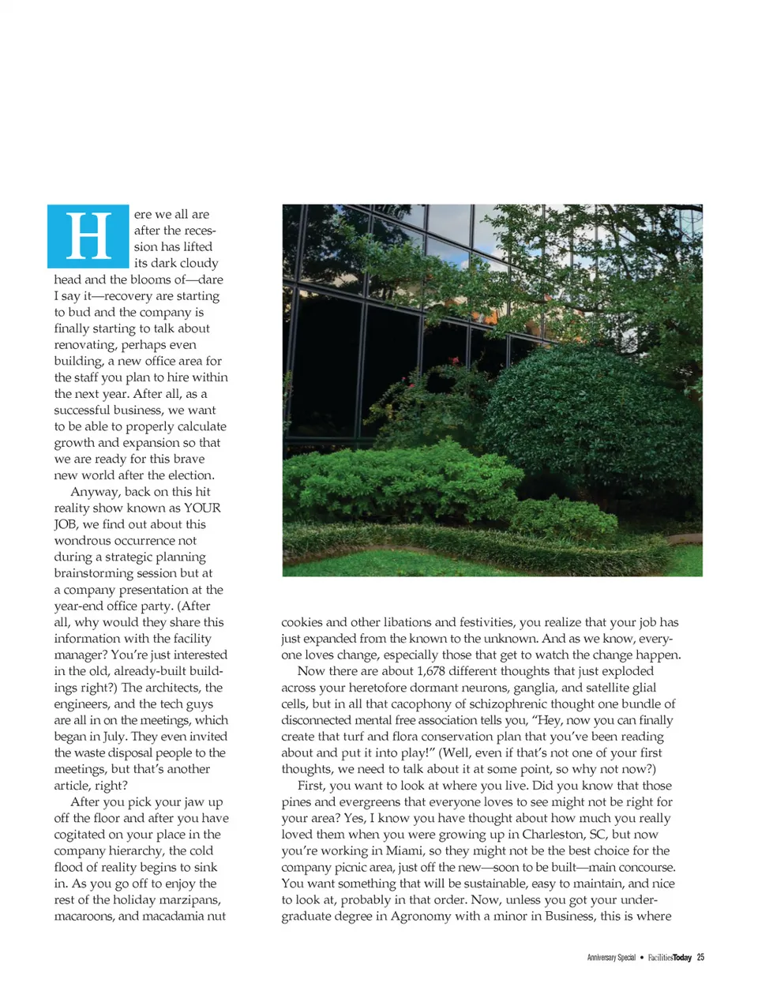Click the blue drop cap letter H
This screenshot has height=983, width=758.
tap(88, 236)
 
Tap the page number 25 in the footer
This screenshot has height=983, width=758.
tap(700, 957)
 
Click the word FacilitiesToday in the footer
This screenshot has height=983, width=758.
tap(670, 957)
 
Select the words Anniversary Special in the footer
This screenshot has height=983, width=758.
tap(611, 957)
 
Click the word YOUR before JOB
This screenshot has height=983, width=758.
tap(202, 508)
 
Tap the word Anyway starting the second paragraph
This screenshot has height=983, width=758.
tap(96, 491)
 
